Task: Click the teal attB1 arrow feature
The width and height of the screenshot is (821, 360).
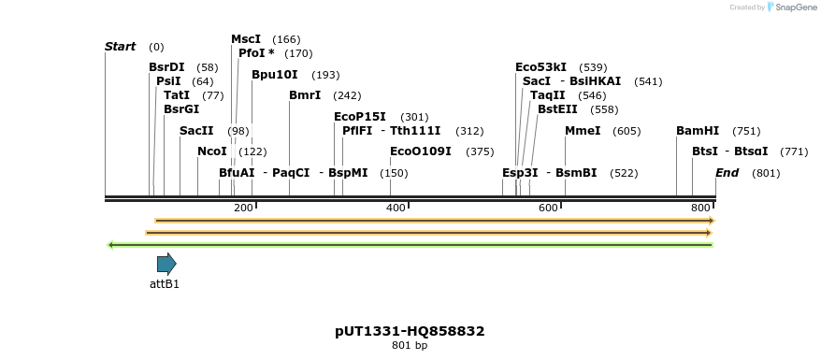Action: (166, 264)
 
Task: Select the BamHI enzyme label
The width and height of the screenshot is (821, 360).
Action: (698, 131)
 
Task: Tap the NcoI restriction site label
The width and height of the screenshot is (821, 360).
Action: (211, 151)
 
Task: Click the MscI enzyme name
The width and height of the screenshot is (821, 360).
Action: (246, 39)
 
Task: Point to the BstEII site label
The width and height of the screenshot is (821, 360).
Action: (557, 109)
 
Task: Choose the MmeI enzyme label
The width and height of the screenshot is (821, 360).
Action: (583, 131)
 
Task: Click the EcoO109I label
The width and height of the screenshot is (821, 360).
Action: (421, 151)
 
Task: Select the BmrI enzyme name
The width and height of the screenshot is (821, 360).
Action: (305, 95)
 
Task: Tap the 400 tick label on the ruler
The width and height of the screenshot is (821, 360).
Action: (396, 208)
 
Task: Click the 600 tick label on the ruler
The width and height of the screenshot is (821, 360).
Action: (549, 208)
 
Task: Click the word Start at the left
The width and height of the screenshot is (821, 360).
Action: (121, 47)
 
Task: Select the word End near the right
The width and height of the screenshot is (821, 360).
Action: (727, 173)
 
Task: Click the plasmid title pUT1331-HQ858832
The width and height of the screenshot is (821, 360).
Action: (410, 331)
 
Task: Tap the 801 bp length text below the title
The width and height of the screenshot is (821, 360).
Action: (410, 346)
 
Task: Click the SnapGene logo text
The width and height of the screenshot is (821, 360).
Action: (791, 7)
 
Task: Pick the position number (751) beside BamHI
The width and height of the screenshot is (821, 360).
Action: (746, 131)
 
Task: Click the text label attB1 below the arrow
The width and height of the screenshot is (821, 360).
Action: (165, 283)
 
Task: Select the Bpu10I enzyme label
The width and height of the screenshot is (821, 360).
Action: (275, 75)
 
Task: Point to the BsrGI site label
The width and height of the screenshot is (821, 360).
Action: (181, 109)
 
